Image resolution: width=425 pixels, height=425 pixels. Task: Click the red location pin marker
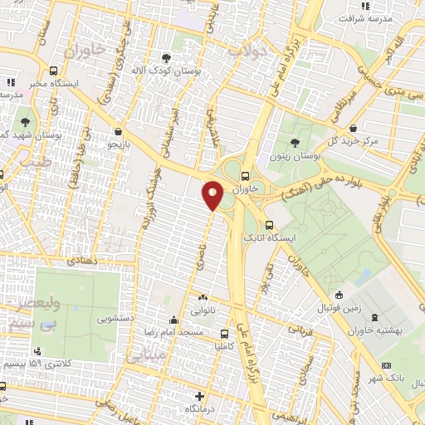click(x=212, y=195)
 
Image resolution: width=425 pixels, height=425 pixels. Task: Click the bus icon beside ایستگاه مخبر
click(x=53, y=71)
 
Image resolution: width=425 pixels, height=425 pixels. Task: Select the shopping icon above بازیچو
click(x=119, y=131)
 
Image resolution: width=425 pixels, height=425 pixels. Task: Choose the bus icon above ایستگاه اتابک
click(x=267, y=225)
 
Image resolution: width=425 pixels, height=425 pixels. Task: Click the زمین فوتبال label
click(x=338, y=308)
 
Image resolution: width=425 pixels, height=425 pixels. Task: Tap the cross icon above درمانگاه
click(x=198, y=395)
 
